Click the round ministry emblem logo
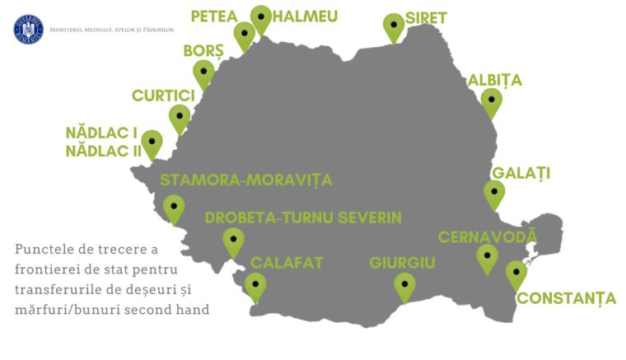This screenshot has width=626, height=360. tap(27, 30)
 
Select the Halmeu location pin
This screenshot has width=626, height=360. tap(262, 18)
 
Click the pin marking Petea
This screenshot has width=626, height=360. tap(244, 35)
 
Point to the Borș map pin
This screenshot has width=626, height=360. tap(203, 72)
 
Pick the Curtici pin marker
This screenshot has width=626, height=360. tap(179, 117)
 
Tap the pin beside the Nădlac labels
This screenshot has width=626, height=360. tap(152, 143)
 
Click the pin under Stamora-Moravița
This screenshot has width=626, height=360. tap(174, 208)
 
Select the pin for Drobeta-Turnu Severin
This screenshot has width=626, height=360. tap(233, 241)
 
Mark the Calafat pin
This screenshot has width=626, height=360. tap(255, 286)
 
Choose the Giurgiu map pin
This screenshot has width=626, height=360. tap(404, 286)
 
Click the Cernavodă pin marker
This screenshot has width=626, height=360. tap(487, 257)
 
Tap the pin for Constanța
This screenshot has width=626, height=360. tap(516, 273)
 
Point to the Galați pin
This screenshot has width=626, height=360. tap(493, 194)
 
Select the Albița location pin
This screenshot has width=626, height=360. tap(491, 102)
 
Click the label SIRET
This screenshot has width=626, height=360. tap(427, 18)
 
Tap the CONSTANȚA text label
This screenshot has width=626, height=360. tap(567, 298)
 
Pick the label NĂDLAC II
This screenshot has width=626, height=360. tap(101, 151)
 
